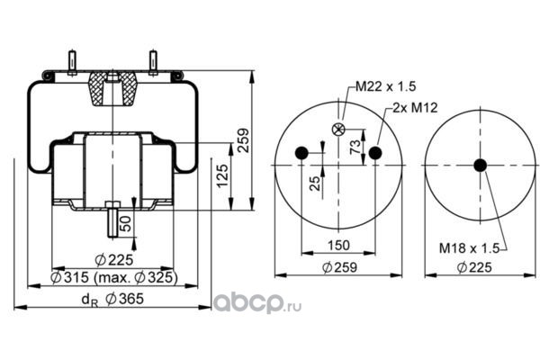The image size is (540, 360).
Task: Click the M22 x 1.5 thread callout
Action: [x=385, y=86]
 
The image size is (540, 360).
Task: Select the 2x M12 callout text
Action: [x=415, y=108]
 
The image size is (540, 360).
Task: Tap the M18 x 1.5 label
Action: [x=469, y=248]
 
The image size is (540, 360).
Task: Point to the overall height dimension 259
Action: [x=243, y=140]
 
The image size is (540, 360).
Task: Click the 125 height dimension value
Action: [x=222, y=175]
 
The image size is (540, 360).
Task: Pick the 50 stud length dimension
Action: [x=126, y=223]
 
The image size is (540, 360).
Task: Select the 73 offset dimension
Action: [x=355, y=147]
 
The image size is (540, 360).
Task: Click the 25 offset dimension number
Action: [x=315, y=184]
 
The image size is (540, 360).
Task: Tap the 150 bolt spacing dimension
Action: [x=338, y=246]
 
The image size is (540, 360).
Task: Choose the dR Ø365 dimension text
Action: [x=112, y=299]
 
